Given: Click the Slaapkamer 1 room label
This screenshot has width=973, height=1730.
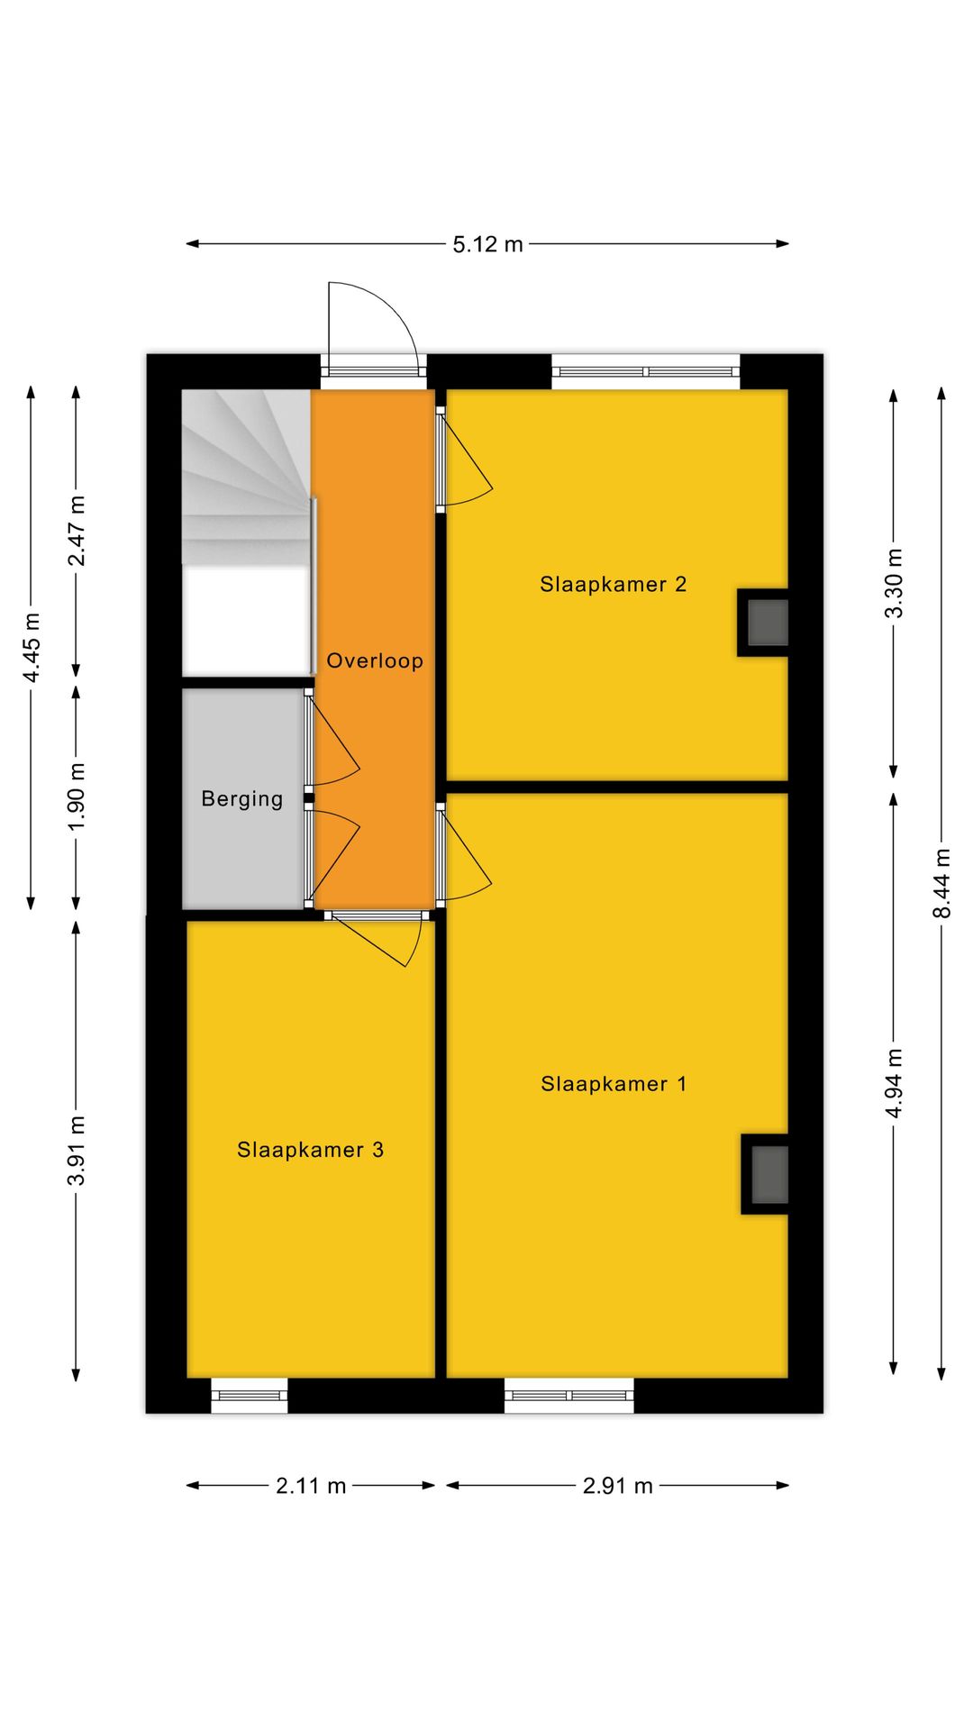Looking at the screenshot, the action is [x=614, y=1084].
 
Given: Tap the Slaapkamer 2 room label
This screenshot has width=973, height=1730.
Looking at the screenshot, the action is [x=614, y=585].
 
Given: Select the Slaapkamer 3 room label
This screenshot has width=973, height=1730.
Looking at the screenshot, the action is [x=311, y=1150].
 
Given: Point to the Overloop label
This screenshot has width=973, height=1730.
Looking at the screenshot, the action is [x=375, y=660].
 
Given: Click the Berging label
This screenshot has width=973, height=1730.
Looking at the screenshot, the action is [x=242, y=798].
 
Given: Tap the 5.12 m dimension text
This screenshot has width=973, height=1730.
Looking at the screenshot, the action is [x=487, y=244].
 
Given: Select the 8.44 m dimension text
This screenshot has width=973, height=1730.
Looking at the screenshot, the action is [x=941, y=884].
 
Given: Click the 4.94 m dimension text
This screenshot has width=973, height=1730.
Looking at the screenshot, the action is [x=894, y=1084].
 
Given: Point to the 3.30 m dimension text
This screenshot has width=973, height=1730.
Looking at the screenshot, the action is [x=894, y=583].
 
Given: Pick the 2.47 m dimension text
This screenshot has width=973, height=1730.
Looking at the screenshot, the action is [x=77, y=531].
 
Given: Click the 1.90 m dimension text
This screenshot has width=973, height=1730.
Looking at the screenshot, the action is [x=77, y=797].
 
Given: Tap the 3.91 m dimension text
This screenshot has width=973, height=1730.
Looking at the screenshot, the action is [x=77, y=1151].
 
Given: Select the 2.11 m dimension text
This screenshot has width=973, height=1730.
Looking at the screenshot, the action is [x=311, y=1486].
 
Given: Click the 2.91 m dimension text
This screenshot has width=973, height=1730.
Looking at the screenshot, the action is [x=617, y=1486].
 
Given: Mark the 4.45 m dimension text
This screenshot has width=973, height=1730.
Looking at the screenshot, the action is [x=32, y=648].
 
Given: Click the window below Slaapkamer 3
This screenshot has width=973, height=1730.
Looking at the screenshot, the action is [x=250, y=1396].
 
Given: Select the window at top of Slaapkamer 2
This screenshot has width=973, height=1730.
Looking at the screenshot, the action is [x=645, y=371].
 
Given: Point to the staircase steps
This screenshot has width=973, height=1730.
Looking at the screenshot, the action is [x=246, y=478].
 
